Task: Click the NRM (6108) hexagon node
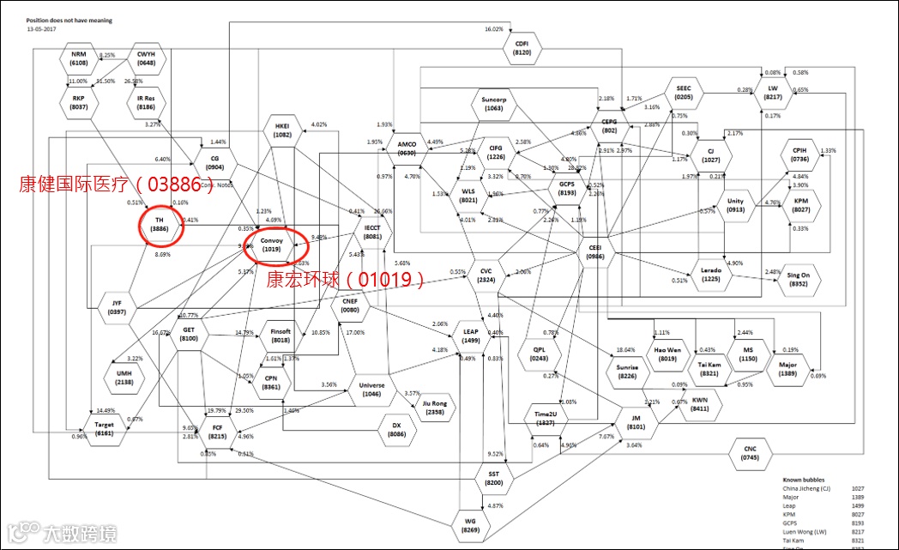coord(79,58)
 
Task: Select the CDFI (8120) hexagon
coord(522,47)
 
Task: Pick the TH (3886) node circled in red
coord(160,225)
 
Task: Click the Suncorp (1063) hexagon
coord(493,104)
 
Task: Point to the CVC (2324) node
coord(486,275)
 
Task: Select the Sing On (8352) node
coord(799,279)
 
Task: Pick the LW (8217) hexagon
coord(773,93)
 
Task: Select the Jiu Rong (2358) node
coord(435,408)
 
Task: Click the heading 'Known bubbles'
coord(805,480)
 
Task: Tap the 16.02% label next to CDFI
coord(493,29)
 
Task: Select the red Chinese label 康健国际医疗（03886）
coord(116,183)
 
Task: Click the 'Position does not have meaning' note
coord(69,21)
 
